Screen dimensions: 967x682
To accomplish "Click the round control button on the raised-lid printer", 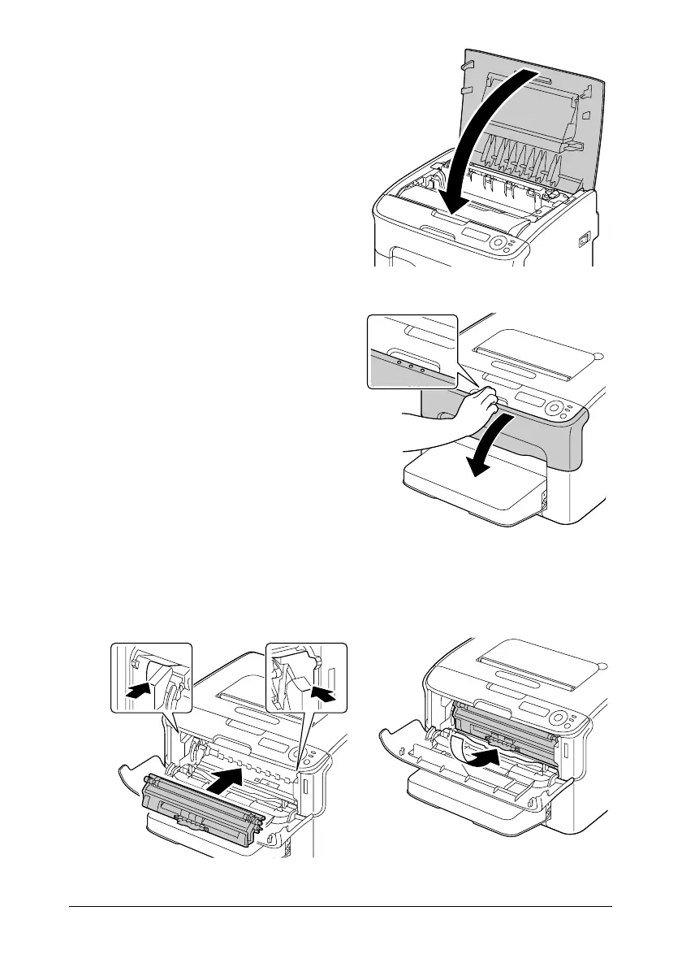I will (x=496, y=241).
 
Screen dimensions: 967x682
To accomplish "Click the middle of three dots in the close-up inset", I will (x=411, y=367).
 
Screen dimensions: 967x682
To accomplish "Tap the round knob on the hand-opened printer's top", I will (x=598, y=355).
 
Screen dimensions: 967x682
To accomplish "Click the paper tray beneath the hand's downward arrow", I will (x=471, y=488).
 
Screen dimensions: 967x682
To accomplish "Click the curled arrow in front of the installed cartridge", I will (x=474, y=756).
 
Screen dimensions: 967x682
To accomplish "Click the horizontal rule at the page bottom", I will (x=341, y=907).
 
